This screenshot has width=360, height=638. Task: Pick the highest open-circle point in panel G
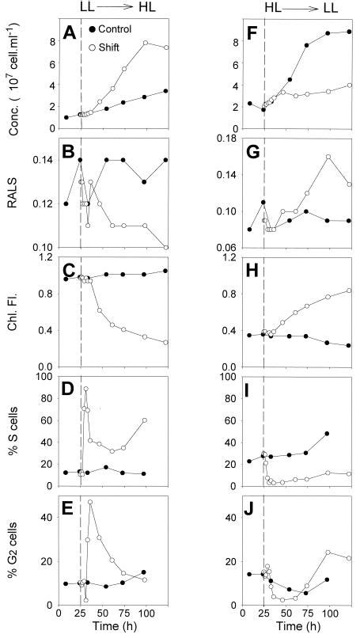328,157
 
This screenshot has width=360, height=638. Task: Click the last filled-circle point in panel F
350,32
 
